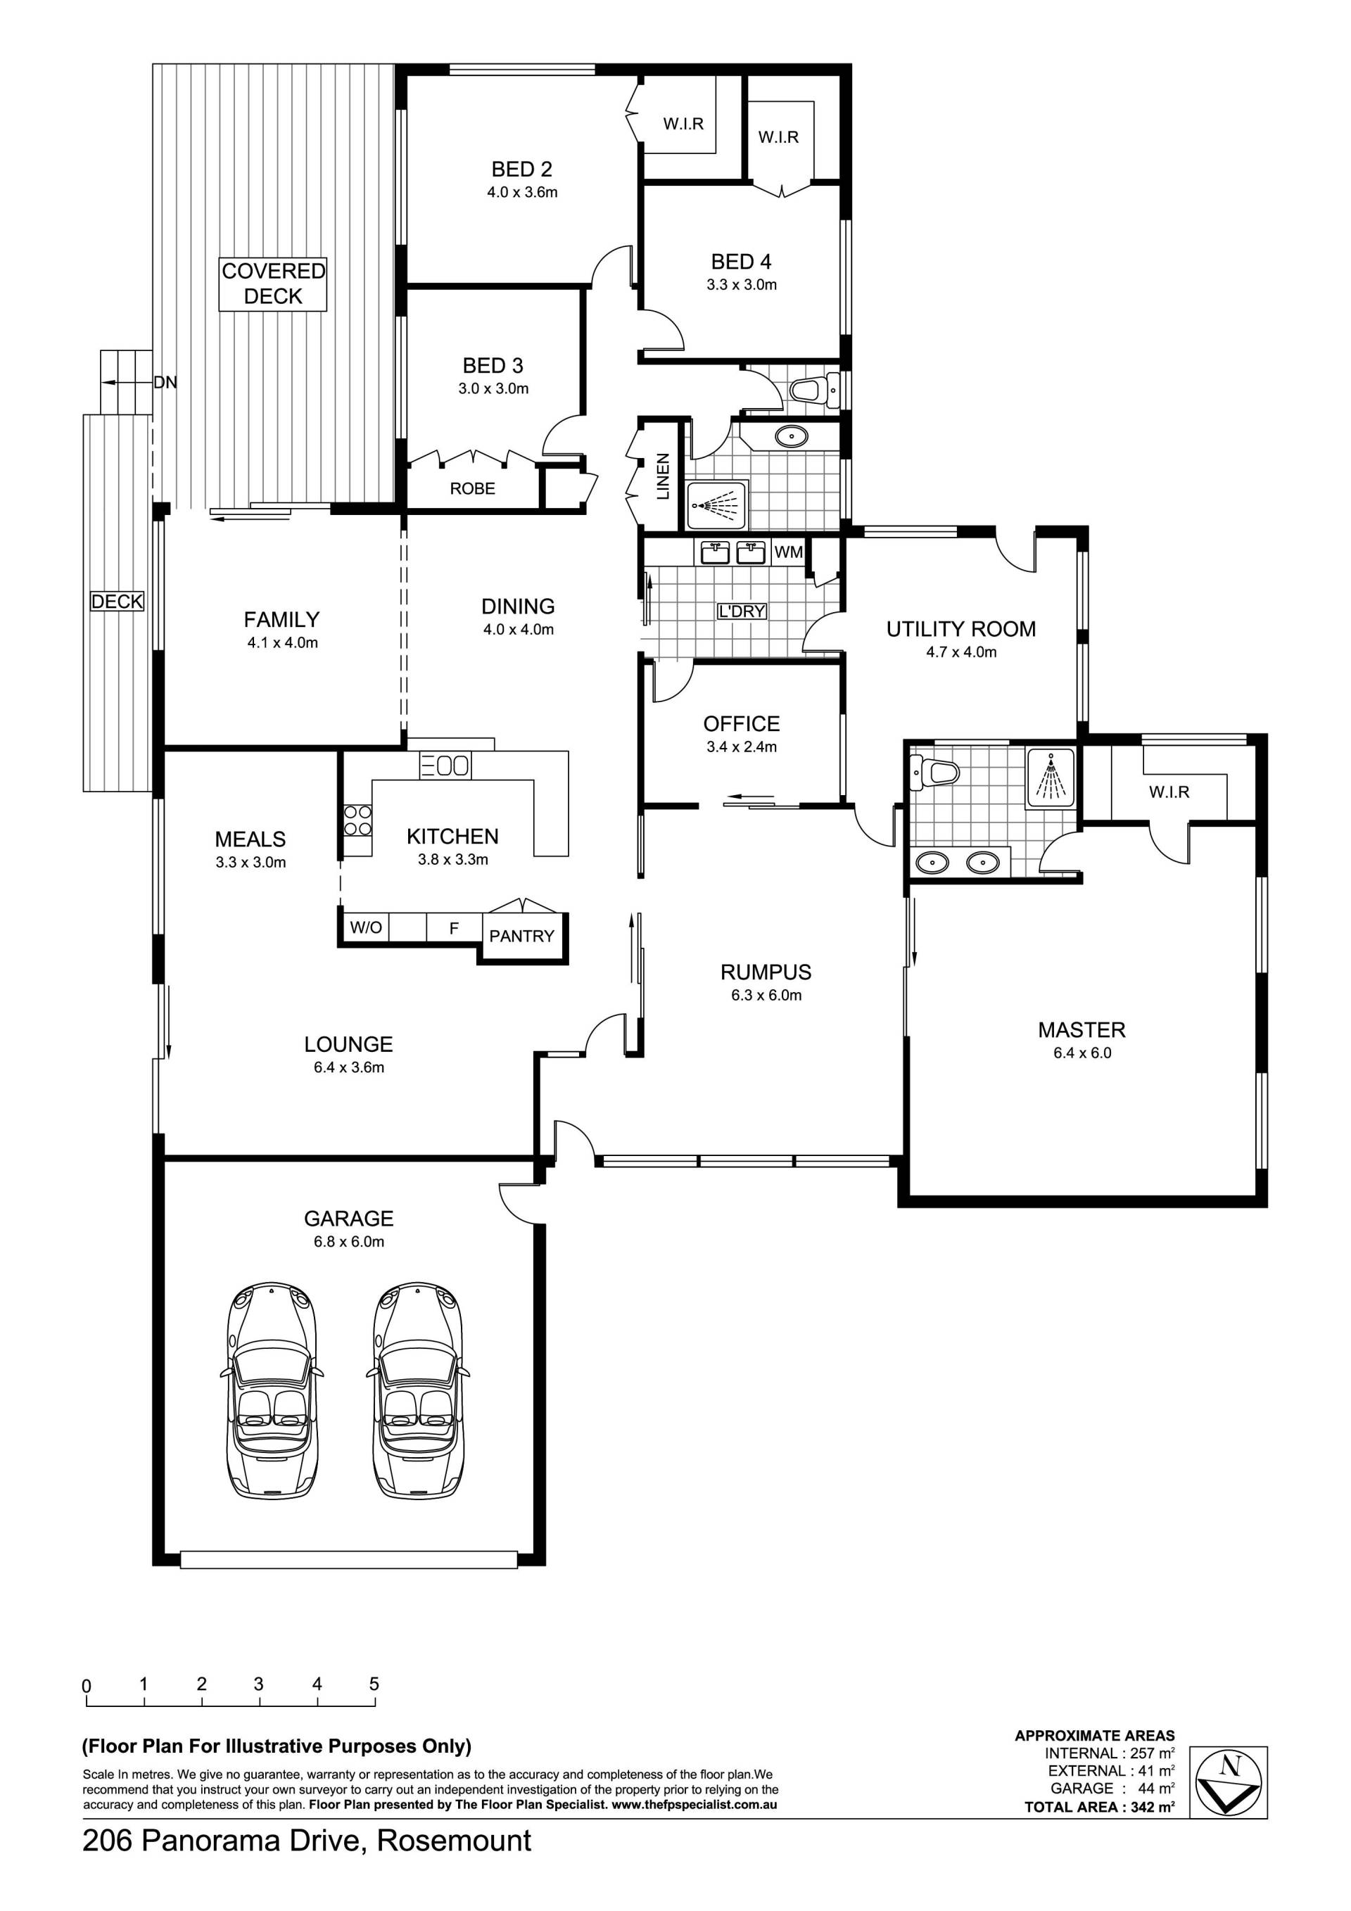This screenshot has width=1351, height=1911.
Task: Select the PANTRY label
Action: [521, 937]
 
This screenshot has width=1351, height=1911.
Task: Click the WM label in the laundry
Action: [788, 552]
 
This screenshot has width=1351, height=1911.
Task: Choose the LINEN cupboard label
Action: [663, 476]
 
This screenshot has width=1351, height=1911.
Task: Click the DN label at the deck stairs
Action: [165, 383]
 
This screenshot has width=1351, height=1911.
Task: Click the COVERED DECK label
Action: [273, 284]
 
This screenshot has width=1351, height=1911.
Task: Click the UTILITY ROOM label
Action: [960, 629]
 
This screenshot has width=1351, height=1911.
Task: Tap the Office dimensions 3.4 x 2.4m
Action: [742, 747]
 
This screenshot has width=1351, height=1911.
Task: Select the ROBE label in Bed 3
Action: [472, 488]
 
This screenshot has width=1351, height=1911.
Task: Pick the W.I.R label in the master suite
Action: [1169, 792]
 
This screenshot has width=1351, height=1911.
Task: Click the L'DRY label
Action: [741, 611]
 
